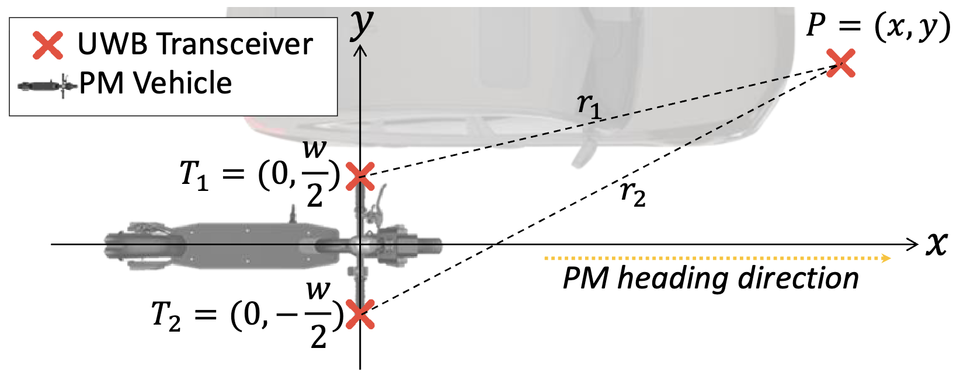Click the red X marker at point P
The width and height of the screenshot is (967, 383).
tap(841, 63)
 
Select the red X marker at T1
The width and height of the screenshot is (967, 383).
tap(360, 176)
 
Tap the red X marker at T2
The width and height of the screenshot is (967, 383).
tap(360, 315)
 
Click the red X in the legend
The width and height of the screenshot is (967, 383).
tap(48, 45)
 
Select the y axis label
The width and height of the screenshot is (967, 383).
tap(362, 23)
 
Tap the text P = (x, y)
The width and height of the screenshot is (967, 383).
tap(878, 27)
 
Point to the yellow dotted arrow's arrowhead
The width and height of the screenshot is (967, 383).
tap(887, 257)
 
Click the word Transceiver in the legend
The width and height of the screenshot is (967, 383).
tap(236, 44)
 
